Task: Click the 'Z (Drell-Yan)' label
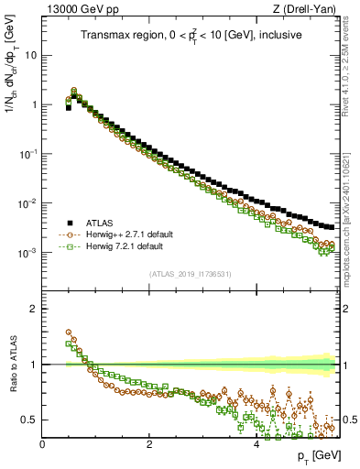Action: pos(308,8)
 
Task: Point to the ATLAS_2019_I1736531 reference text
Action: pos(191,274)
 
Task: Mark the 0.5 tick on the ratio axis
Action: pos(29,420)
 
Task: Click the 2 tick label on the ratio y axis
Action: pos(34,309)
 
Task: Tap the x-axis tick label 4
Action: pos(256,443)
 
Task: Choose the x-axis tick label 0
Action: pos(42,443)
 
